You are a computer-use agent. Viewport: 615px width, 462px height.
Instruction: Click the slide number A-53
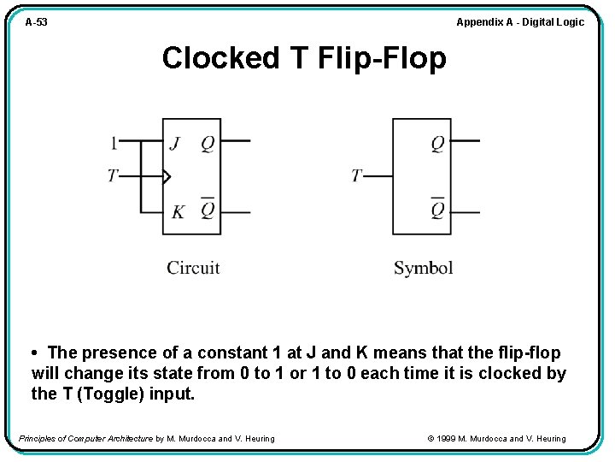point(36,22)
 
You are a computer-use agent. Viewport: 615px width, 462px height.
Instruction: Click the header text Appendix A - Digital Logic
point(520,22)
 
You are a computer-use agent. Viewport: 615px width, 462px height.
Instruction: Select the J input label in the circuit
point(175,143)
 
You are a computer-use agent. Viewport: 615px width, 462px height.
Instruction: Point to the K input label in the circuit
point(177,211)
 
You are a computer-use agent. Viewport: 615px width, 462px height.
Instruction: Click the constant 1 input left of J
point(114,142)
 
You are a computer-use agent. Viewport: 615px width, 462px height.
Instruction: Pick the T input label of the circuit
point(113,176)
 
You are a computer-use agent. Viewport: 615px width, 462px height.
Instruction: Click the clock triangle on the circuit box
point(167,177)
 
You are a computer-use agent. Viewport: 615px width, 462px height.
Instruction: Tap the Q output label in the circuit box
point(208,143)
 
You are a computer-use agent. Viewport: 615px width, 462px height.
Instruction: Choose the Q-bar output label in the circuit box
point(208,210)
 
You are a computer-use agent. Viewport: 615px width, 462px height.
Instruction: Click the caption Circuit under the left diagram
point(193,268)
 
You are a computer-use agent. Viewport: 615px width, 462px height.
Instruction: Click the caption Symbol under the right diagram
point(423,268)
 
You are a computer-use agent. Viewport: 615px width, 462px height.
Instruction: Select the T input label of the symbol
point(357,176)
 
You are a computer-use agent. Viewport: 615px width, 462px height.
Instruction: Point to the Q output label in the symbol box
point(437,143)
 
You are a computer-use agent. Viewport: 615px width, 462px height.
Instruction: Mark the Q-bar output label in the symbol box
point(437,210)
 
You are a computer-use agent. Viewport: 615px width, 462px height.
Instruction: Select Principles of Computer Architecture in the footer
point(85,439)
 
